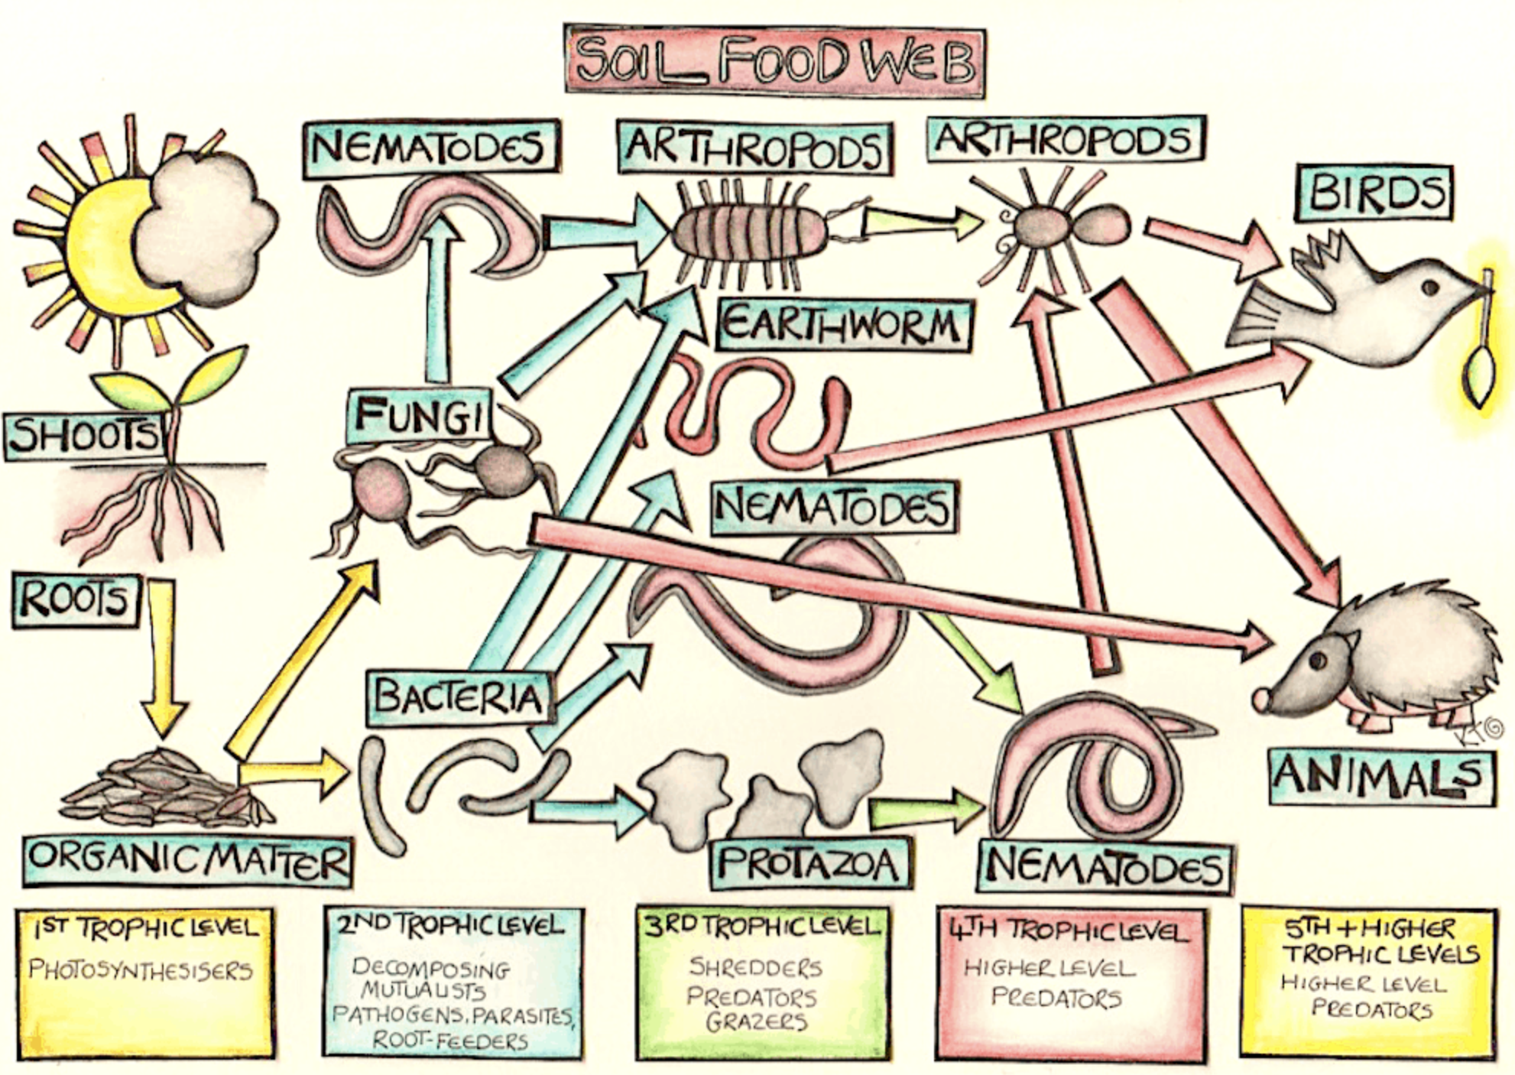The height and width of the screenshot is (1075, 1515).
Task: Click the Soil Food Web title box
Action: (774, 61)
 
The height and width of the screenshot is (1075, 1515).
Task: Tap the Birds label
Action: (1374, 193)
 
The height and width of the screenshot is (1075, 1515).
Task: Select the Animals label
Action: (1382, 776)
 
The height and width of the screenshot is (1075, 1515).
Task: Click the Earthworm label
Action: (843, 326)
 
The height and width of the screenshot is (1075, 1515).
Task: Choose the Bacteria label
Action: (460, 697)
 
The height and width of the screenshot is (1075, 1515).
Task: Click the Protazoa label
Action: (811, 864)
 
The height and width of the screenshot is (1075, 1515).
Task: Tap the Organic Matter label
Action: (188, 861)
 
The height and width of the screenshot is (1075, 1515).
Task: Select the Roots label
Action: (76, 601)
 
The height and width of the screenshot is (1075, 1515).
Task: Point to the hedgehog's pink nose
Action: (1261, 697)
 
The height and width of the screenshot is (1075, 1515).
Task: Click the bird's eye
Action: (1429, 287)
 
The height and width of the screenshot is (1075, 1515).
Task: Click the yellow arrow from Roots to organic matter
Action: (164, 658)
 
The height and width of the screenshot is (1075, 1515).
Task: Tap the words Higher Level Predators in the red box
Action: (1051, 983)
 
